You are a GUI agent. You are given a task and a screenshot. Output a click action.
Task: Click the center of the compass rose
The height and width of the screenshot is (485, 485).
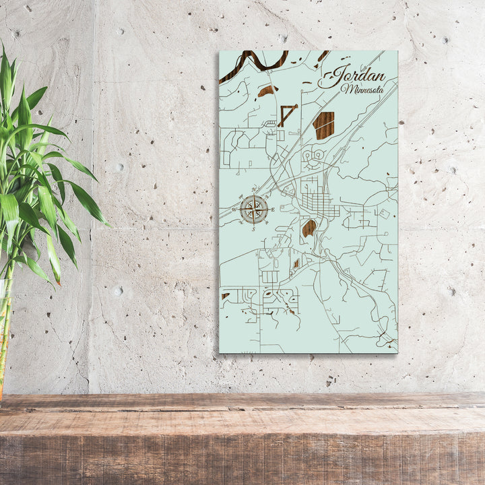[x=254, y=209]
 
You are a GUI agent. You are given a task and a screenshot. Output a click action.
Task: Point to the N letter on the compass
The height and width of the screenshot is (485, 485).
[x=254, y=189]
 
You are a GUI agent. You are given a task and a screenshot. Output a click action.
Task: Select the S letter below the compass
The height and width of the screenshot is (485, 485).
[x=254, y=230]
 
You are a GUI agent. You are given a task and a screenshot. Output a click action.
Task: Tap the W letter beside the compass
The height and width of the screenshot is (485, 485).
[x=234, y=209]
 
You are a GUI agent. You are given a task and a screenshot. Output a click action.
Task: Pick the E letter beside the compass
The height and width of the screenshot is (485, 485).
[x=273, y=209]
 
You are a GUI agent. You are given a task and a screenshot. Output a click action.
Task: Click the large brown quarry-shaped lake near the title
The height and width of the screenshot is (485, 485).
[x=324, y=125]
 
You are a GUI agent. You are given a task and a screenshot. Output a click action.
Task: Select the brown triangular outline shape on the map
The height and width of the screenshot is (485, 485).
[x=287, y=114]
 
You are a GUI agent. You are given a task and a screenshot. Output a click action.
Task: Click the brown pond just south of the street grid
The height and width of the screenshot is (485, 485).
[x=309, y=228]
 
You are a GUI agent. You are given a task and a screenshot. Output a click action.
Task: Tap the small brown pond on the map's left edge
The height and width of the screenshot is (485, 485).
[x=225, y=296]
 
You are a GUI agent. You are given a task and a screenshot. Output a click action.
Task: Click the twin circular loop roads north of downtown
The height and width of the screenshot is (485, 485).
[x=313, y=158]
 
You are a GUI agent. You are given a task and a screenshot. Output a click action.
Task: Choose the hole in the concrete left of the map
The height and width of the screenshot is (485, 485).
[x=119, y=291]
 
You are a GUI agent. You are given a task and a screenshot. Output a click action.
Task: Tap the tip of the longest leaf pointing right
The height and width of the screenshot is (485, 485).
[x=108, y=224]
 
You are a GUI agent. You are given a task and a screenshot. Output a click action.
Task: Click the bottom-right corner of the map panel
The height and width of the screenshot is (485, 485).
[x=396, y=352]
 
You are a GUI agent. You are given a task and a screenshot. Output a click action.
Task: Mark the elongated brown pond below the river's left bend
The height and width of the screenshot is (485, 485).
[x=267, y=90]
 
